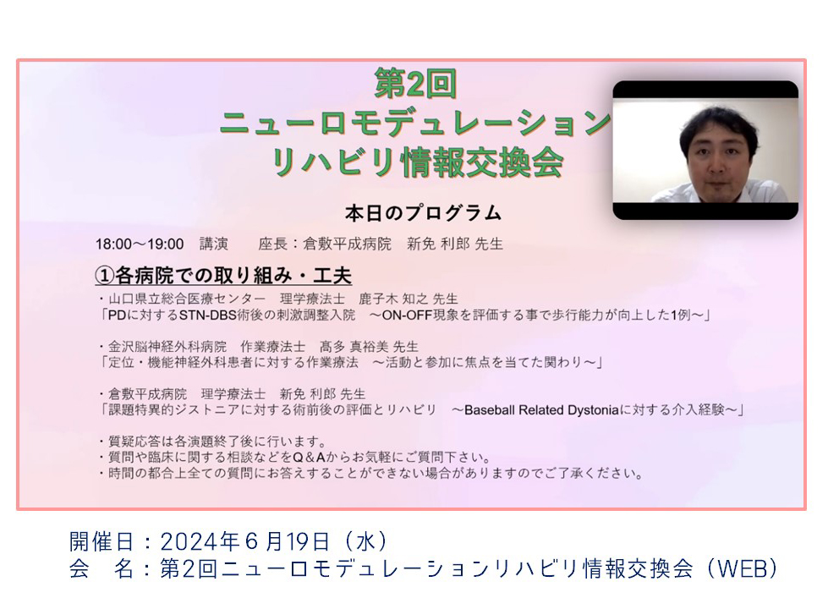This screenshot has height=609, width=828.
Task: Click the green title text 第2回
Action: pyautogui.click(x=415, y=84)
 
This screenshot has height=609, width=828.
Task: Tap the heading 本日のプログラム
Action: pyautogui.click(x=423, y=213)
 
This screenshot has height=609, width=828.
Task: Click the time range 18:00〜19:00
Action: pyautogui.click(x=140, y=244)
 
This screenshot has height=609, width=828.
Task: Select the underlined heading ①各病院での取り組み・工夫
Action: pyautogui.click(x=222, y=275)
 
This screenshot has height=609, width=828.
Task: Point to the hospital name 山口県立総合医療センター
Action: pyautogui.click(x=187, y=299)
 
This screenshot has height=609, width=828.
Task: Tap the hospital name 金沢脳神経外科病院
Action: pyautogui.click(x=167, y=347)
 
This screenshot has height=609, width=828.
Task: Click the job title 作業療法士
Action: pyautogui.click(x=272, y=347)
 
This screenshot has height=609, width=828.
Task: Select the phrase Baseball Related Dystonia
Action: pyautogui.click(x=541, y=410)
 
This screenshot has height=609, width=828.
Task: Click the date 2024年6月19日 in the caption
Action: pyautogui.click(x=245, y=542)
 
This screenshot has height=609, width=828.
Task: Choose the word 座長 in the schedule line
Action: pyautogui.click(x=272, y=244)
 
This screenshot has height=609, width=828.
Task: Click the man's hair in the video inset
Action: pyautogui.click(x=718, y=125)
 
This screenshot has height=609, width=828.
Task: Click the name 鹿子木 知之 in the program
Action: pyautogui.click(x=393, y=299)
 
